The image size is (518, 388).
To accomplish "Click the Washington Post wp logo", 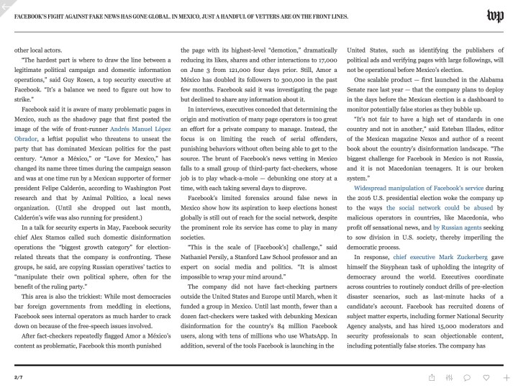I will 495,15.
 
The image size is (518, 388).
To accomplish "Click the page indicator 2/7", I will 19,377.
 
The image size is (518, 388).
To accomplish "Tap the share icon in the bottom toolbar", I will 431,377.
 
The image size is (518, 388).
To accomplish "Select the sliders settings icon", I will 449,377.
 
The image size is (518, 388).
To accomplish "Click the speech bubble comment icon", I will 468,377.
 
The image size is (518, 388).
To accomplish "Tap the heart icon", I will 487,377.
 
